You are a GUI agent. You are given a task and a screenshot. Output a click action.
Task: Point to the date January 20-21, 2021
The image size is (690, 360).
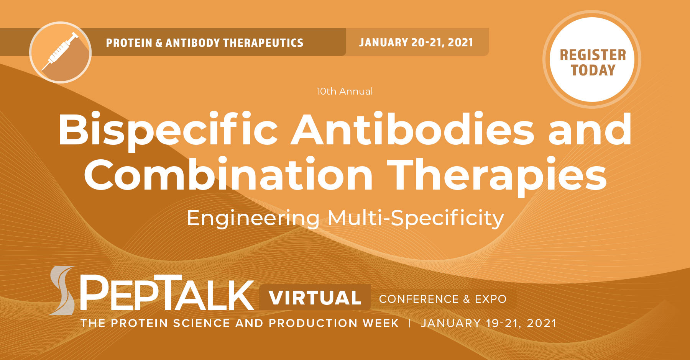coord(416,43)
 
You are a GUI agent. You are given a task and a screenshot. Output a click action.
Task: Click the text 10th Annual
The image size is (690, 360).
coord(345,92)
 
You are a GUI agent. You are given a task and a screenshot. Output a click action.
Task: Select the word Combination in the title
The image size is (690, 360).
coord(228,175)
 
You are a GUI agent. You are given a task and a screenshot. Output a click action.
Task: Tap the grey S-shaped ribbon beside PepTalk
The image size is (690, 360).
coord(62,290)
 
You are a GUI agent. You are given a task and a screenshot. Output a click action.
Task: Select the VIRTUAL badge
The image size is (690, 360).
coord(315,298)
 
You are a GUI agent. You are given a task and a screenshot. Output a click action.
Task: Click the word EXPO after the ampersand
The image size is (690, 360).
coord(491,299)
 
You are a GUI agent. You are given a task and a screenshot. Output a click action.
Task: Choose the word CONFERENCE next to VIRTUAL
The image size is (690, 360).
coord(419,299)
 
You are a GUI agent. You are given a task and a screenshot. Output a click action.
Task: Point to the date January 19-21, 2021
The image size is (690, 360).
coord(489,323)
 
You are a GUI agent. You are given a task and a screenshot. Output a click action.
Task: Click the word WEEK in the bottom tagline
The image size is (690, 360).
coord(381,323)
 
